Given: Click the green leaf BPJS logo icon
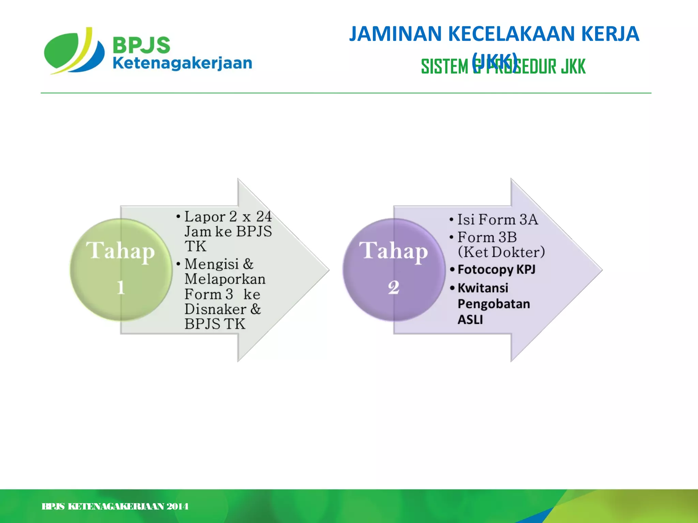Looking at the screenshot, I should pos(73,51).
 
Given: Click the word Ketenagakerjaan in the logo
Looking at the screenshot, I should pos(182,64).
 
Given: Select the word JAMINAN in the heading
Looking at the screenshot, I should pos(395,34).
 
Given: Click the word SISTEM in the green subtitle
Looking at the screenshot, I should pos(444,66).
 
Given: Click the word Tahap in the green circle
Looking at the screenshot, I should pos(120,251).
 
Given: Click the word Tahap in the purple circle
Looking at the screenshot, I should pos(394,251).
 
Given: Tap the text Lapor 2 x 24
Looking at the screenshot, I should pos(228,217).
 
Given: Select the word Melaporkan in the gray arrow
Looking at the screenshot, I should pos(225,279).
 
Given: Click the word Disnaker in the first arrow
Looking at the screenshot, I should pos(215,309).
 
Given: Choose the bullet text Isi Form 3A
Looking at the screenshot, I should pos(497,220).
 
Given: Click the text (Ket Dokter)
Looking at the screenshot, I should pos(501,252).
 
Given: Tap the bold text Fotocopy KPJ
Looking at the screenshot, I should pos(496,270).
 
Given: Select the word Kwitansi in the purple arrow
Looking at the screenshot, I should pos(483,288).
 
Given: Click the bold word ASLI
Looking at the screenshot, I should pos(470,320).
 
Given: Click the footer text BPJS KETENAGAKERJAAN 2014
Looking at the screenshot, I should pos(115,507).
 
